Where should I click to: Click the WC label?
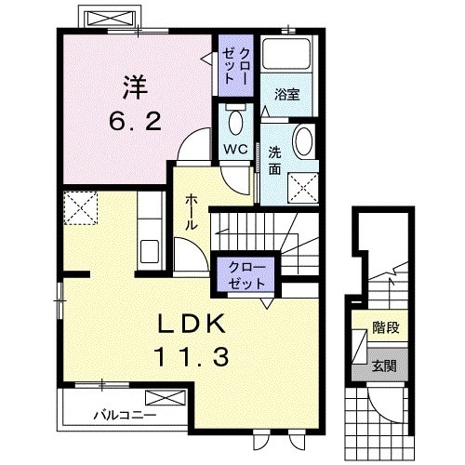click(235, 149)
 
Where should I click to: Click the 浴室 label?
click(287, 94)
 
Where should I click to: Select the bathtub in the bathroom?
click(286, 53)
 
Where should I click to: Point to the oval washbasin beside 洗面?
click(303, 141)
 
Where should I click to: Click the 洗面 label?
click(274, 160)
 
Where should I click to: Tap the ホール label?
click(191, 212)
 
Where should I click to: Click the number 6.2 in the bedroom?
click(136, 122)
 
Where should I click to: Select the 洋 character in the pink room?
click(136, 87)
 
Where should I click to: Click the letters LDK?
click(192, 324)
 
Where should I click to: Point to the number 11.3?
click(192, 356)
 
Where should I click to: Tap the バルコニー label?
click(125, 415)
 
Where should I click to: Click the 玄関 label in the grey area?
click(384, 366)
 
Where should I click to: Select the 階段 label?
click(385, 327)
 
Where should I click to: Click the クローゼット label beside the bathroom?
click(236, 66)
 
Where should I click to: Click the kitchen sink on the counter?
click(150, 251)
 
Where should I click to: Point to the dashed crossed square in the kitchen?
click(81, 207)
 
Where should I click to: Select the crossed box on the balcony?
click(166, 398)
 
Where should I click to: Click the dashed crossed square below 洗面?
click(303, 188)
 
